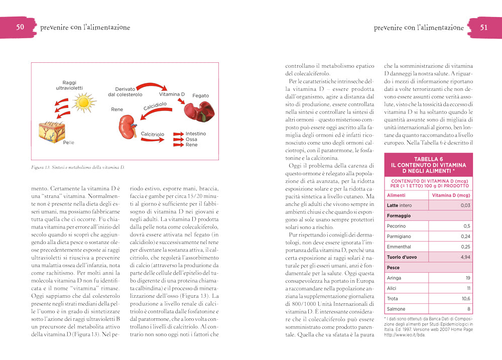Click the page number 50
click(20, 27)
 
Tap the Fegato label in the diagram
click(200, 95)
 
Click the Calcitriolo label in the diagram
click(153, 135)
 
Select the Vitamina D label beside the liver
click(172, 94)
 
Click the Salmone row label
click(397, 309)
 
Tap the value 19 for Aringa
click(467, 278)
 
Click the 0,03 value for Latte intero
click(465, 205)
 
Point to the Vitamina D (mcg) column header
click(451, 195)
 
